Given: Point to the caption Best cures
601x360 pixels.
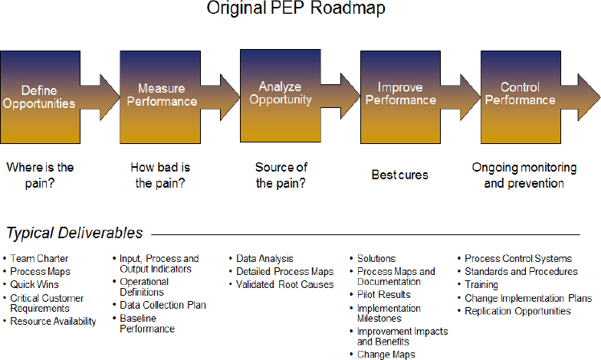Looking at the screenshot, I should click(399, 175).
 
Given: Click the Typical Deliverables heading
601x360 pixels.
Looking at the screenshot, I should click(74, 232).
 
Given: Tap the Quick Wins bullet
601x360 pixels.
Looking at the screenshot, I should click(35, 284).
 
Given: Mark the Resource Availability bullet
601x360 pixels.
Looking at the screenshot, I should click(53, 322).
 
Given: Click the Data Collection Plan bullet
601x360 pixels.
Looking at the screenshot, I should click(163, 305).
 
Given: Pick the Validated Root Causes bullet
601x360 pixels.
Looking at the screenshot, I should click(284, 284).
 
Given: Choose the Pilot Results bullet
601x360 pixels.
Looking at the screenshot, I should click(383, 294).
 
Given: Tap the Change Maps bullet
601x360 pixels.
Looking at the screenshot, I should click(386, 355).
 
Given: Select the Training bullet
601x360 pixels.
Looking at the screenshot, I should click(481, 284).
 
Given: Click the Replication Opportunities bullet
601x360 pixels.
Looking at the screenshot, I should click(517, 311).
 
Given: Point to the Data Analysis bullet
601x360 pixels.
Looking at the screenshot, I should click(264, 259).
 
